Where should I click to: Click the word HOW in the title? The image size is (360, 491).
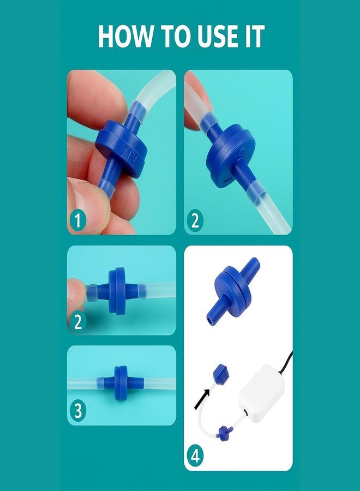(124, 36)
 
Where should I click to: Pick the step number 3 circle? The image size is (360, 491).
(77, 410)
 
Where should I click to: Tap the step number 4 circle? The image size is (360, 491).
(195, 456)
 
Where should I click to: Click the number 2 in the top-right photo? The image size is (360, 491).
(195, 220)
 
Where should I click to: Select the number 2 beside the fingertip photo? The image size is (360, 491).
(77, 321)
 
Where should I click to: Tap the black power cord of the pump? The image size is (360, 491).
(286, 362)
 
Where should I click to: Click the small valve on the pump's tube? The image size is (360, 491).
(224, 433)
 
